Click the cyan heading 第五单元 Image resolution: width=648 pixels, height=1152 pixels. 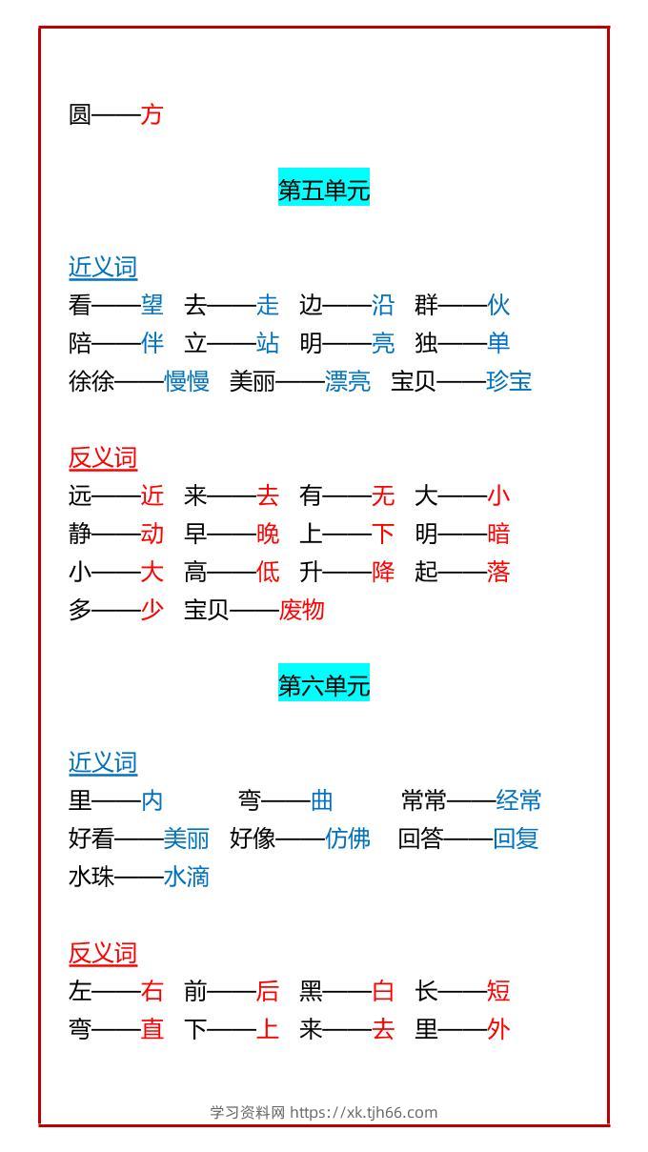tap(324, 190)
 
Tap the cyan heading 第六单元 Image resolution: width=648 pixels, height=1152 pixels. tap(324, 685)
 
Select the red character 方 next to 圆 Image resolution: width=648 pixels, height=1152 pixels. tap(152, 114)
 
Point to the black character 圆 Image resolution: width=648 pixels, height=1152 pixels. tap(80, 114)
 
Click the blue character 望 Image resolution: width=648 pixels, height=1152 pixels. tap(152, 305)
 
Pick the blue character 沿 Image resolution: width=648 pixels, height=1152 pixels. tap(383, 305)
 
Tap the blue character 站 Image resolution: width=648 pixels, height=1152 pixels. tap(268, 343)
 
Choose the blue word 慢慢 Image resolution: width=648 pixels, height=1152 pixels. tap(187, 381)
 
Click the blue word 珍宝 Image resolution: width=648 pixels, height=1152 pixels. tap(509, 381)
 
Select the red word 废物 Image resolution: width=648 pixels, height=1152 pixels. tap(302, 610)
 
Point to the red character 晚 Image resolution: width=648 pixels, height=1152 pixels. tap(268, 534)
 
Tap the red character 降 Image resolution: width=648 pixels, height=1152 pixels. tap(383, 572)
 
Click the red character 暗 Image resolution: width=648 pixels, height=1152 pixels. tap(498, 534)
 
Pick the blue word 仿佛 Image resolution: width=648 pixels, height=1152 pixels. tap(348, 839)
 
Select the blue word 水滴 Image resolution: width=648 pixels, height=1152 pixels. tap(187, 877)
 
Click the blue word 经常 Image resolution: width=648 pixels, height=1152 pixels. tap(518, 800)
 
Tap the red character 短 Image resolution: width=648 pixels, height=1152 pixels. tap(498, 991)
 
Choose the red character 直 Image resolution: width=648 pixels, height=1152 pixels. tap(152, 1029)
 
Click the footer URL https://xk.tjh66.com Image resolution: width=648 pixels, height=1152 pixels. tap(364, 1112)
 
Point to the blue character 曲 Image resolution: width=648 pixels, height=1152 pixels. tap(322, 800)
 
